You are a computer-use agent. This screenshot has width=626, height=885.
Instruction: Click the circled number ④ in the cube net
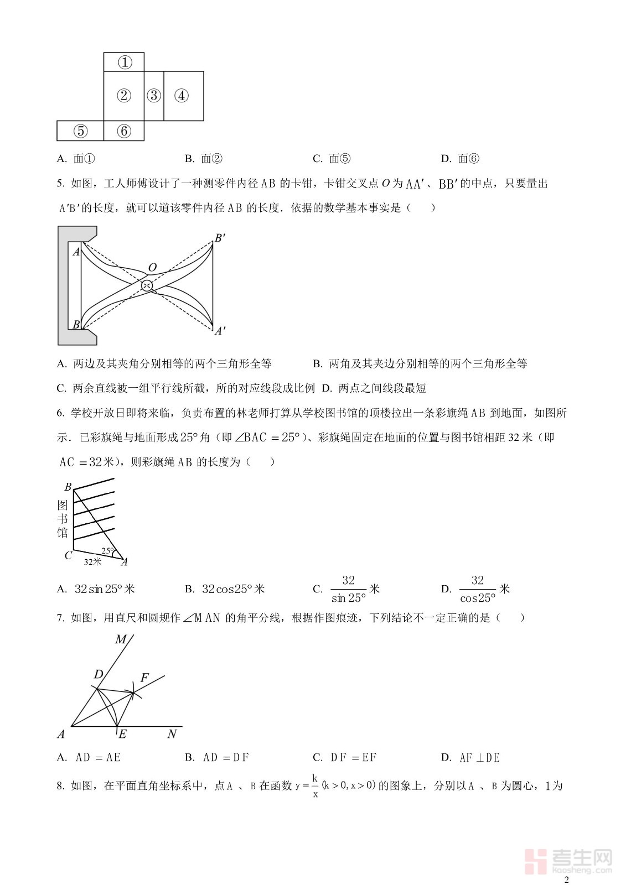182,96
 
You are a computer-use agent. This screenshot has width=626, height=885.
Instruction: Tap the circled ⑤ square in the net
81,131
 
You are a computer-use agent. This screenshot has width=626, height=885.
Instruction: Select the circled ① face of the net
125,62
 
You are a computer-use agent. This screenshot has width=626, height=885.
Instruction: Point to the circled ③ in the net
154,96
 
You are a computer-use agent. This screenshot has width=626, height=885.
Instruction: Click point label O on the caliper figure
152,268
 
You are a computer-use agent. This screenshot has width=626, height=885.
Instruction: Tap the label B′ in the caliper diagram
220,238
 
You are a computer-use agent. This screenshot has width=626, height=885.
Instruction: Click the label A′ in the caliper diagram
220,331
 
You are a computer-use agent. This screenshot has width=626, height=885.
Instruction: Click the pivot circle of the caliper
147,285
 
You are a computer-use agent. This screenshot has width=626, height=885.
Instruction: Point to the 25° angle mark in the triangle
107,551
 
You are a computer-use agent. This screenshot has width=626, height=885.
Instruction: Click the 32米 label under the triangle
92,562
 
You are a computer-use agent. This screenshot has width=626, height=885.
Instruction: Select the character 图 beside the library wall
63,505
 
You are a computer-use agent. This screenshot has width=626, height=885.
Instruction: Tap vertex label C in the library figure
68,555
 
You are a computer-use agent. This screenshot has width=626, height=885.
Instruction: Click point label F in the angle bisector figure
144,678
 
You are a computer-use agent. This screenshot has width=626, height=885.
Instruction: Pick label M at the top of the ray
121,639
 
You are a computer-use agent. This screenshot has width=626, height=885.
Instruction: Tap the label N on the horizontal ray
172,734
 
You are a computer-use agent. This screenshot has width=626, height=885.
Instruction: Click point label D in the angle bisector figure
99,674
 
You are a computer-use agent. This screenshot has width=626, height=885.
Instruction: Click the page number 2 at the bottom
566,880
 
